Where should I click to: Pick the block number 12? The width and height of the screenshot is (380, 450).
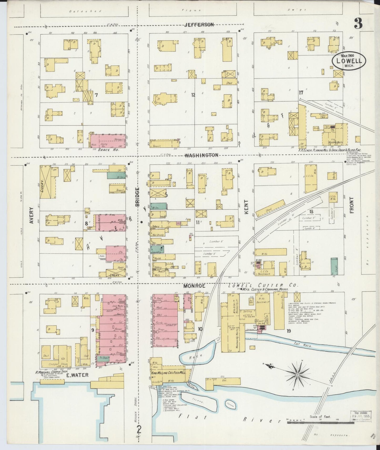coord(193,95)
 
